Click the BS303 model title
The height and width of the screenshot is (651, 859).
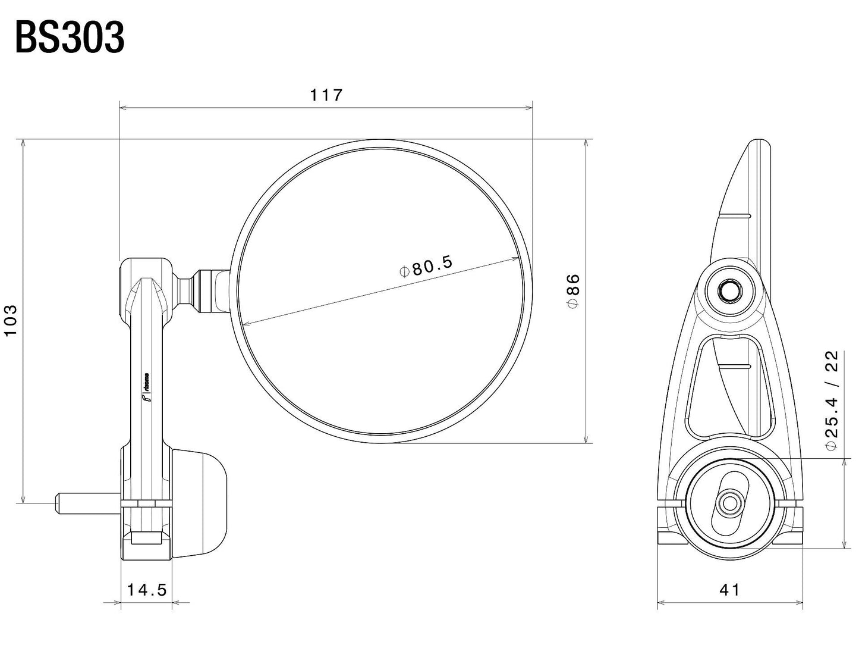(70, 39)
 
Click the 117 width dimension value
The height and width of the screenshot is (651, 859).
(326, 95)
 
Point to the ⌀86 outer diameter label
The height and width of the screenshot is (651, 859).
(572, 290)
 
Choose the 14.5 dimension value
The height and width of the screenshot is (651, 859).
(146, 590)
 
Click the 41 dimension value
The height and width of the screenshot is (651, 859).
(730, 590)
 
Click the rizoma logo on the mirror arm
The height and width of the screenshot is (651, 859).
(144, 390)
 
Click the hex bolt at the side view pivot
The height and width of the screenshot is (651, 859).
(729, 290)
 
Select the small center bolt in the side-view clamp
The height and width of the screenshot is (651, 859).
(729, 504)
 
